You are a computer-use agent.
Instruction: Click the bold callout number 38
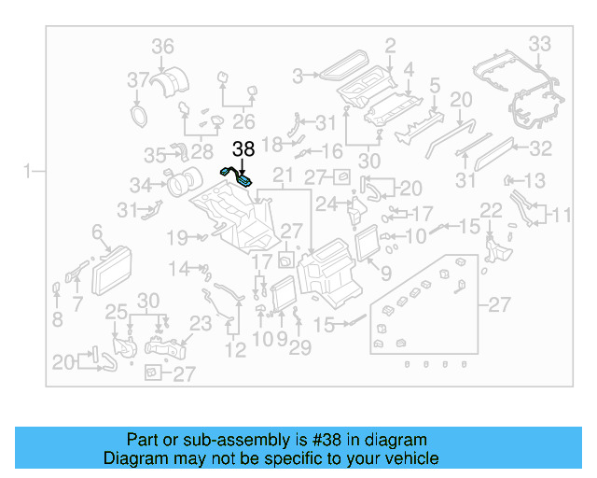243,148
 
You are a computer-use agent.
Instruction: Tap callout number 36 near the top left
163,46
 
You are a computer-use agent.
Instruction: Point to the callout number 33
540,43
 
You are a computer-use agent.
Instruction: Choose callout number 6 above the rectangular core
96,232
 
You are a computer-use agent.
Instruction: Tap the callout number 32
541,148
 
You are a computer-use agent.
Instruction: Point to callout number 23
201,324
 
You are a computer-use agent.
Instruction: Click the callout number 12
236,350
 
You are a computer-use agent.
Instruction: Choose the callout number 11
560,216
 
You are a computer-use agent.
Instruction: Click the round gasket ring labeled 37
139,114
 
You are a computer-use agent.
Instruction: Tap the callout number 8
57,319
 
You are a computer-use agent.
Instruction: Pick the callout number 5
435,86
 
